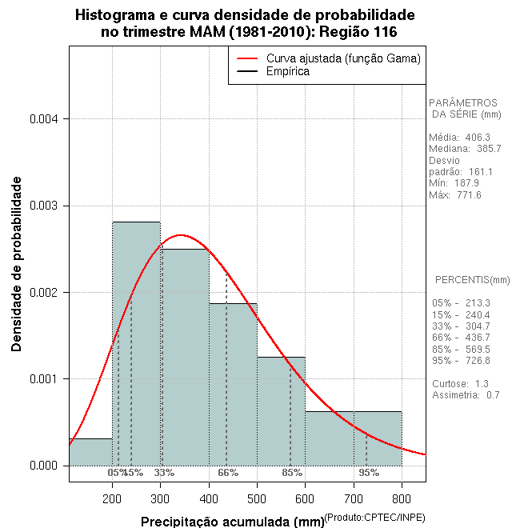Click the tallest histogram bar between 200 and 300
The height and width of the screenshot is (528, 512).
pyautogui.click(x=136, y=344)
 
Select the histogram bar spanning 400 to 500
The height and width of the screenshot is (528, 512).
pyautogui.click(x=233, y=384)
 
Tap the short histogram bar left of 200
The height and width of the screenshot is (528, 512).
pyautogui.click(x=90, y=452)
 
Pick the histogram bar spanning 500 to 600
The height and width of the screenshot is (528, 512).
pyautogui.click(x=281, y=411)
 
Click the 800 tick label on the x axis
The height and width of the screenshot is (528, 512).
pyautogui.click(x=402, y=498)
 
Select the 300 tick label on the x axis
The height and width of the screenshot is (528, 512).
pyautogui.click(x=161, y=498)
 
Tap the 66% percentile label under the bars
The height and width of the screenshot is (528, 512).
pyautogui.click(x=228, y=473)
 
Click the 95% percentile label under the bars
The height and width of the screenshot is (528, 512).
pyautogui.click(x=369, y=473)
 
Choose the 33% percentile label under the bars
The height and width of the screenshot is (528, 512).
pyautogui.click(x=164, y=473)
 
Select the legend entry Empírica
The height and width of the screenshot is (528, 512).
pyautogui.click(x=288, y=71)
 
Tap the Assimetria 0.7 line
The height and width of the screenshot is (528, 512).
pyautogui.click(x=466, y=394)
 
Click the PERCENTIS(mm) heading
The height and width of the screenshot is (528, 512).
pyautogui.click(x=472, y=280)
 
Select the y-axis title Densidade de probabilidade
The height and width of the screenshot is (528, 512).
pyautogui.click(x=17, y=264)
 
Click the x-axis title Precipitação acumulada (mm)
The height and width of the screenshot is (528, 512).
pyautogui.click(x=233, y=522)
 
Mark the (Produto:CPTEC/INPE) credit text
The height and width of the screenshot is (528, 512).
pyautogui.click(x=374, y=518)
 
